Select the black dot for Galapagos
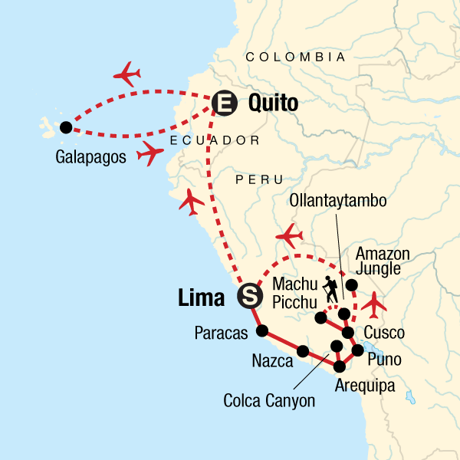pos(65,127)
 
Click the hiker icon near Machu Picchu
pos(330,288)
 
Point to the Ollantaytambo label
pos(338,200)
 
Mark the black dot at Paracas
pos(262,331)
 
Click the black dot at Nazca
pos(303,352)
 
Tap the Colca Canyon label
pos(269,400)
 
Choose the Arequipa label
pos(365,386)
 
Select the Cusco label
pos(384,333)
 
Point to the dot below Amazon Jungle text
pos(351,286)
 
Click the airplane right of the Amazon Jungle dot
pos(375,304)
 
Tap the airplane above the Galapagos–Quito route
pos(128,74)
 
